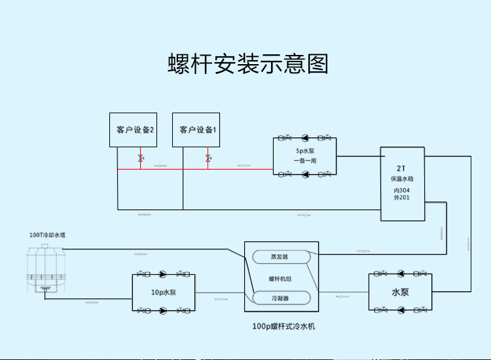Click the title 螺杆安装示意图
pos(248,65)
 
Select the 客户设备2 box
pos(135,130)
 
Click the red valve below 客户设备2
pos(141,158)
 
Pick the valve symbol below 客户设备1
pos(208,158)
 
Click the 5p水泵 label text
pos(305,151)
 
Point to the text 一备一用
pos(305,160)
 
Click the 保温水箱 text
pos(402,179)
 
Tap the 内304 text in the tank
pos(402,190)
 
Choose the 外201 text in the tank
pos(402,198)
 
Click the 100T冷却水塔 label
pos(48,234)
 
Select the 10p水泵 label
pos(164,293)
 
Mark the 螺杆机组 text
pos(280,278)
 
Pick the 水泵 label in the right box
pos(401,293)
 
